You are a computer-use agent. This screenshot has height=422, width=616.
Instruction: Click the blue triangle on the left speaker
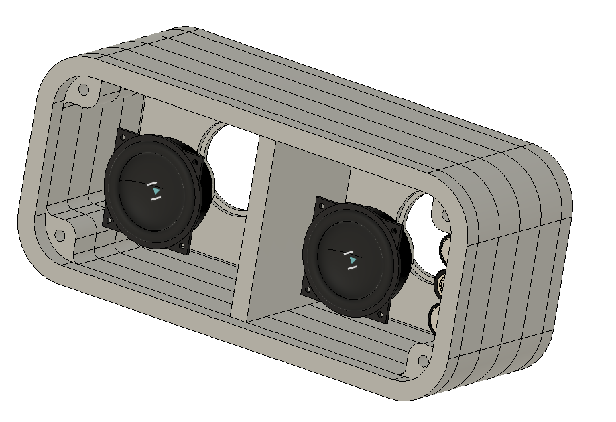(x=156, y=192)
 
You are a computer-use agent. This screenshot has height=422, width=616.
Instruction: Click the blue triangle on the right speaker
(x=353, y=259)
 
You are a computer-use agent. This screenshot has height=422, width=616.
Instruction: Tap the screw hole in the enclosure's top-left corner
(x=84, y=89)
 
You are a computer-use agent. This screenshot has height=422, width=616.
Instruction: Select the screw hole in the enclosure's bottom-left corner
(x=60, y=235)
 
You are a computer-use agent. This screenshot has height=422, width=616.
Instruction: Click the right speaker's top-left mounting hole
(x=320, y=204)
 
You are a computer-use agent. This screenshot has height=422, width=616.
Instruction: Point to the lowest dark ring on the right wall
(x=434, y=315)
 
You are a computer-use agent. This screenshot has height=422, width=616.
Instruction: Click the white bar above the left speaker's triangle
(x=153, y=183)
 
